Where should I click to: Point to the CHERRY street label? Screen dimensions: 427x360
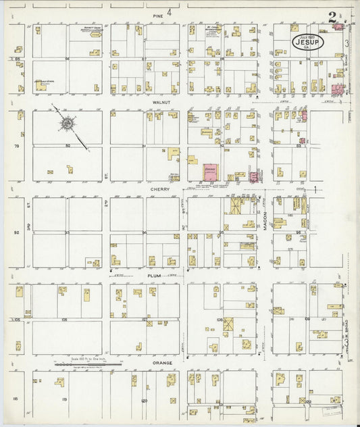point(161,189)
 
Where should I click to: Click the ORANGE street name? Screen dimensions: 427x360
point(161,363)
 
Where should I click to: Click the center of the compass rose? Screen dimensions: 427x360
point(68,125)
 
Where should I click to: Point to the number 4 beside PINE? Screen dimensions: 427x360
point(172,11)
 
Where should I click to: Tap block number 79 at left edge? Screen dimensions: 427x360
point(17,145)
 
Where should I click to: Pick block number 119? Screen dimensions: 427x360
point(65,399)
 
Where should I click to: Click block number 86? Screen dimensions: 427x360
point(68,59)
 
